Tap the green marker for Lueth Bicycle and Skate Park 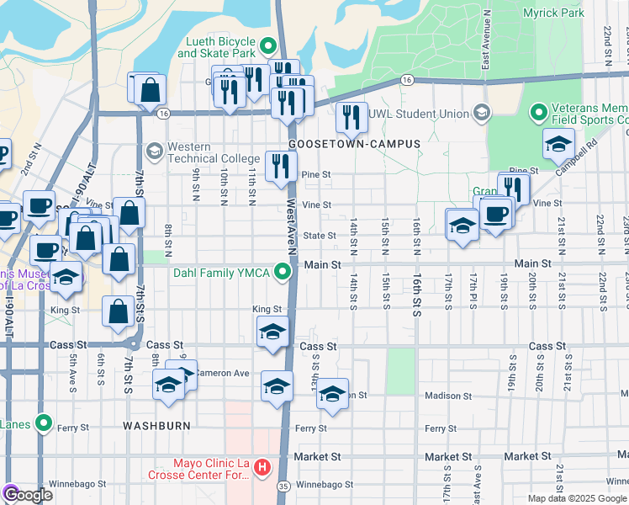point(269,45)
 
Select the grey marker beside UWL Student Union point(481,113)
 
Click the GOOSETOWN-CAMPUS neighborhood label point(354,144)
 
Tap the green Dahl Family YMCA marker point(286,271)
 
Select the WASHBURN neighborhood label point(156,426)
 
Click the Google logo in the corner point(28,495)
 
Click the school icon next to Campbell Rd point(558,144)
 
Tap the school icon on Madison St point(333,393)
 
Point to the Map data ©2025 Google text point(576,498)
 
